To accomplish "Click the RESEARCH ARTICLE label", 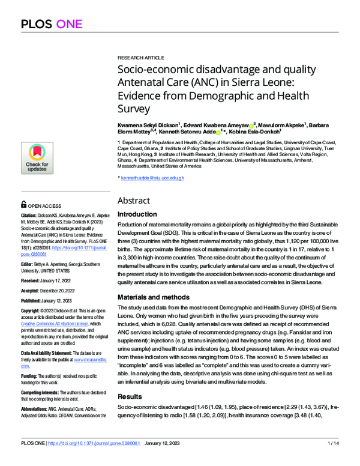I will [x=140, y=57].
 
